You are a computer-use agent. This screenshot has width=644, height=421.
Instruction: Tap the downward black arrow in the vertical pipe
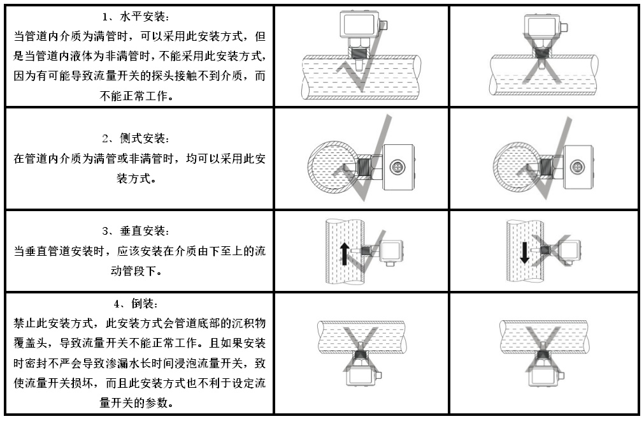(x=524, y=251)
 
